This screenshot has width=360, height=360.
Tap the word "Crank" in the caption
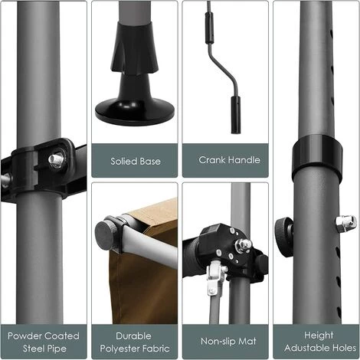pos(212,160)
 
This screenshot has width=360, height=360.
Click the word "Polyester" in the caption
pos(119,349)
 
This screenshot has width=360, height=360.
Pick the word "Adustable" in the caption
pos(303,348)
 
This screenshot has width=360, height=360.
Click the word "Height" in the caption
pos(319,335)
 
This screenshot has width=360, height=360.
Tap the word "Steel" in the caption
pos(32,349)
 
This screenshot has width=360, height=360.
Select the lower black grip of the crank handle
pos(236,115)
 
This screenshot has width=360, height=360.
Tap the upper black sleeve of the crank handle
pos(209,28)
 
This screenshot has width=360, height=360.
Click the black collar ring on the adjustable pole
pos(317,156)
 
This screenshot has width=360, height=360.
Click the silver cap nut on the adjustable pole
pos(346,224)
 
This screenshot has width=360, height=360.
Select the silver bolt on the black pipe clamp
pos(56,159)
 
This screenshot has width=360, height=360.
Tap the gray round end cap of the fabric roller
pos(105,233)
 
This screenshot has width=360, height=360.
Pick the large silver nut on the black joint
pos(243,245)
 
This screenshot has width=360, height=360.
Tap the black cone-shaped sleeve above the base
pos(135,48)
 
